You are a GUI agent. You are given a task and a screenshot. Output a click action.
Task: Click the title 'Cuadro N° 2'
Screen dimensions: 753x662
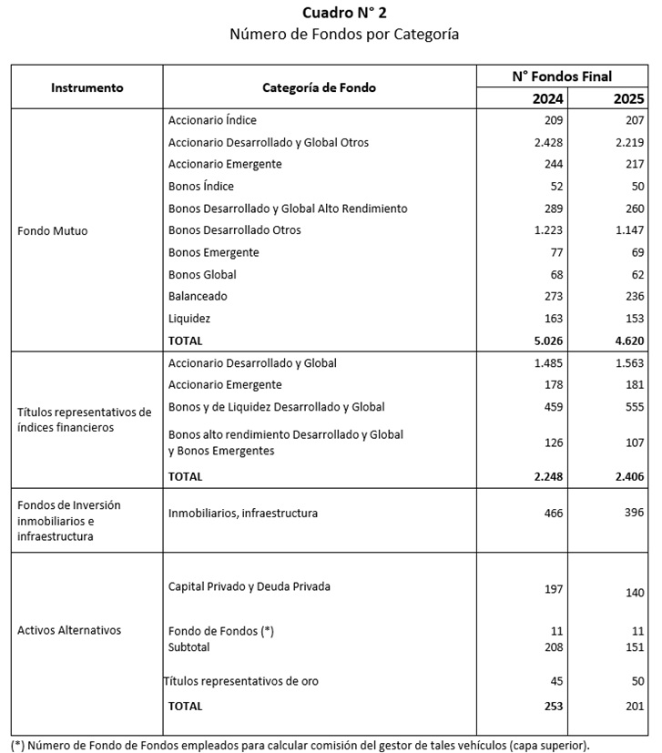pos(330,13)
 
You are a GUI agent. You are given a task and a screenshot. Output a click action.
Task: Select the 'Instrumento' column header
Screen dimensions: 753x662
pos(87,88)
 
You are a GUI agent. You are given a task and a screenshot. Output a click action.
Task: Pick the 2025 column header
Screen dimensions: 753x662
pos(628,98)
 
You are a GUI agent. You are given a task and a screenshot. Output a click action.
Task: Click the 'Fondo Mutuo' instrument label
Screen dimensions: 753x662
pos(53,230)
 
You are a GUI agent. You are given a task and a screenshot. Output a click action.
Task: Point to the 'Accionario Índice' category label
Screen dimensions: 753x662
pos(212,120)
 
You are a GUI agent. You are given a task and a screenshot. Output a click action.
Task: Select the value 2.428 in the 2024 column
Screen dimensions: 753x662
pos(547,142)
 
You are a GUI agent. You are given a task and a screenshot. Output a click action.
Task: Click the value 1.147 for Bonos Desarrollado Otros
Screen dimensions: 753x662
pos(626,230)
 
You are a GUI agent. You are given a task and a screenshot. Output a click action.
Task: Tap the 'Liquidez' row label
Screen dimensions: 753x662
pos(189,319)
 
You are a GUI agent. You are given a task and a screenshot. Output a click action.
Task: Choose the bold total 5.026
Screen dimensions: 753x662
pos(546,341)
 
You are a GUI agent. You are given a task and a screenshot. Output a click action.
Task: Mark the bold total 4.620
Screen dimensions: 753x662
pos(626,341)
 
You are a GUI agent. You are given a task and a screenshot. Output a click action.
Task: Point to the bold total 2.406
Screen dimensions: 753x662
pos(626,476)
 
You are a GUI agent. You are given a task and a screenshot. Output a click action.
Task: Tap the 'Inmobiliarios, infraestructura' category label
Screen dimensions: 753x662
pos(243,514)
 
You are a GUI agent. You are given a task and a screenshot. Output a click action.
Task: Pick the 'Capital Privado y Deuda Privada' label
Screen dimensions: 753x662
pos(249,586)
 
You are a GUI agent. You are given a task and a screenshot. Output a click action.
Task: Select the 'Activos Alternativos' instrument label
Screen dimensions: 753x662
pos(69,630)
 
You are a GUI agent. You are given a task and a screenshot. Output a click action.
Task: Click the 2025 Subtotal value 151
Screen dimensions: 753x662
pos(634,647)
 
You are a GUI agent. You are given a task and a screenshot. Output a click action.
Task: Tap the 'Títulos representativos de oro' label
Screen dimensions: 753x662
pos(241,681)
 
